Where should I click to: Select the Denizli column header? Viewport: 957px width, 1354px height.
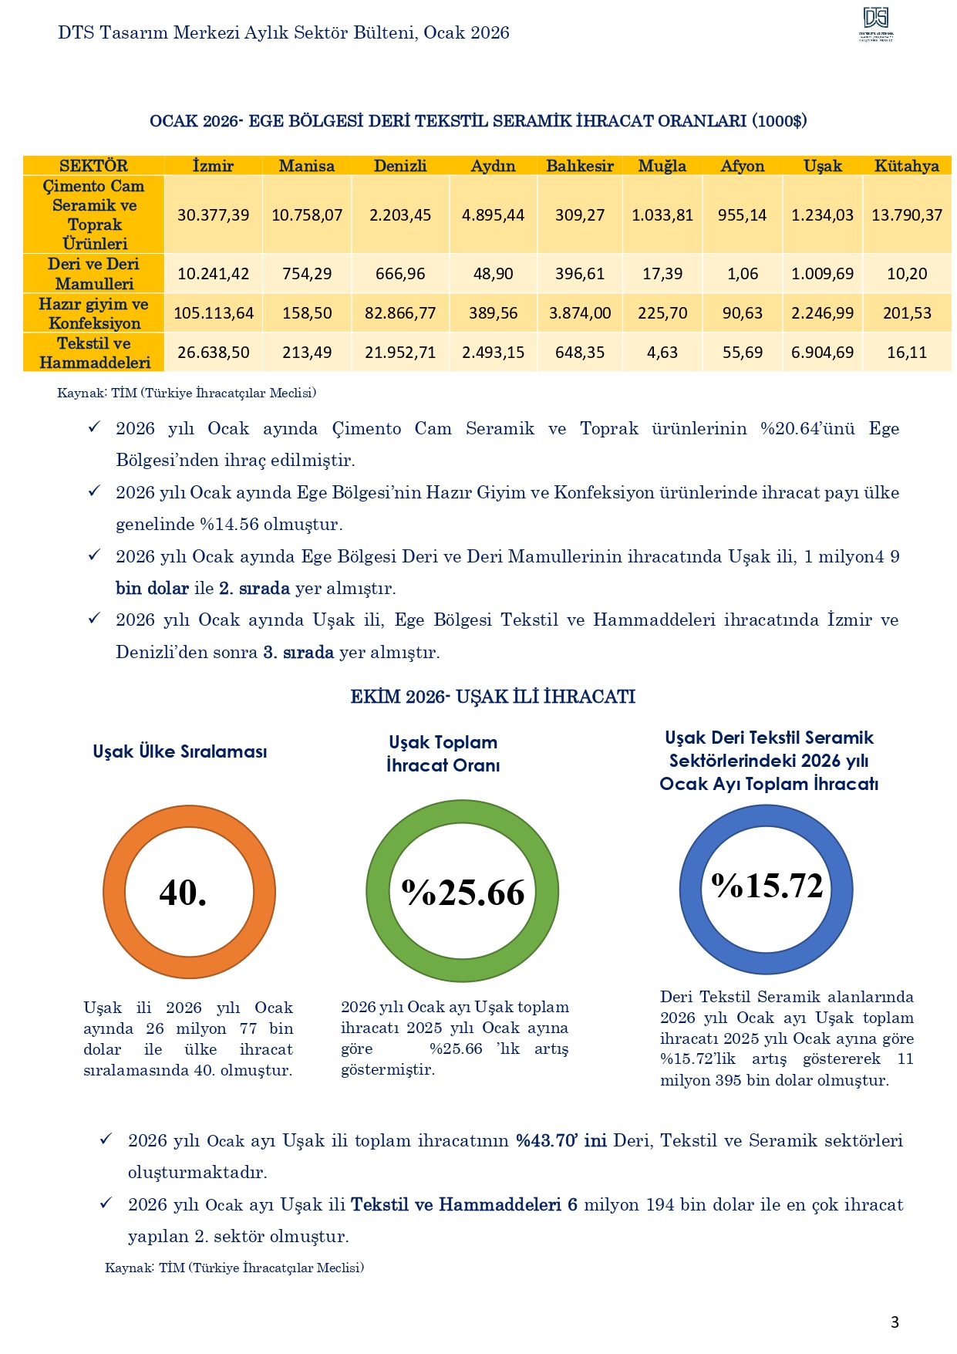pyautogui.click(x=400, y=166)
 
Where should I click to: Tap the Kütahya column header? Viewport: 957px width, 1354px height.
pyautogui.click(x=907, y=166)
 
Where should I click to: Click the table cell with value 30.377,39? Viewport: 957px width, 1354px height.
pyautogui.click(x=213, y=215)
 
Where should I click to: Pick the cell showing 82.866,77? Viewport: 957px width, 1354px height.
pyautogui.click(x=400, y=313)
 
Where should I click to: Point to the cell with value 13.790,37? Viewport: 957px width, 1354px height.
pyautogui.click(x=907, y=215)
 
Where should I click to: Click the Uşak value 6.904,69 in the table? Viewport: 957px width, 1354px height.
pyautogui.click(x=822, y=353)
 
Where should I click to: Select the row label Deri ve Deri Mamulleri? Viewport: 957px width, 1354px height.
pyautogui.click(x=94, y=274)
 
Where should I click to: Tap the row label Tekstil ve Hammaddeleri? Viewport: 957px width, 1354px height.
pyautogui.click(x=94, y=353)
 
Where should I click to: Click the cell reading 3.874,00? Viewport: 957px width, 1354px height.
pyautogui.click(x=580, y=313)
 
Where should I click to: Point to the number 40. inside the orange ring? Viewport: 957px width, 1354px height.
pyautogui.click(x=183, y=893)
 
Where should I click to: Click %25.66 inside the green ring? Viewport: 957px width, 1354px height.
pyautogui.click(x=463, y=893)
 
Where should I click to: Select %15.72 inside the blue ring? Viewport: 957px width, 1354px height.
pyautogui.click(x=767, y=886)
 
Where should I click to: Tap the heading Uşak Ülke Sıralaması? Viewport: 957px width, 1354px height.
pyautogui.click(x=180, y=751)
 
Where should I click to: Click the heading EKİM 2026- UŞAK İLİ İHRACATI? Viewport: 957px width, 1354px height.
pyautogui.click(x=493, y=697)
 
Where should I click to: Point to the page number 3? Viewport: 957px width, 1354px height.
pyautogui.click(x=895, y=1322)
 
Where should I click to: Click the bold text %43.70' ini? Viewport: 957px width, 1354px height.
pyautogui.click(x=561, y=1141)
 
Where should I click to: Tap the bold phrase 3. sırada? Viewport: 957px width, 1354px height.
pyautogui.click(x=298, y=653)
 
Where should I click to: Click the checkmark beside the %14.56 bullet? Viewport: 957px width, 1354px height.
pyautogui.click(x=94, y=491)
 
